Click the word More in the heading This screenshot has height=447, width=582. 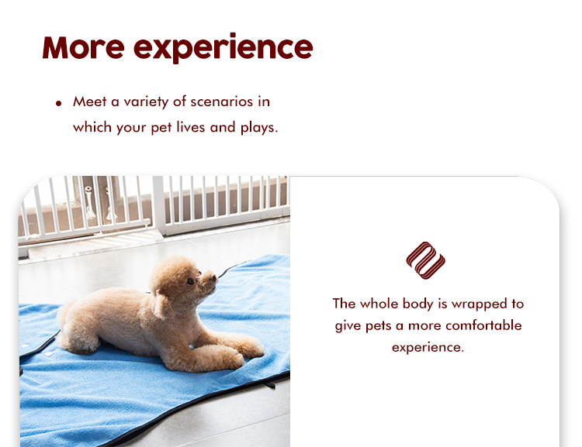click(x=84, y=47)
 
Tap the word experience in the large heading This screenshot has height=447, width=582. click(x=223, y=48)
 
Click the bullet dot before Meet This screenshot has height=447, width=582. click(x=59, y=103)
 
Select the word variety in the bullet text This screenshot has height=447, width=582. click(x=146, y=102)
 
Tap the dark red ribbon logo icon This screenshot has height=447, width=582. click(x=425, y=260)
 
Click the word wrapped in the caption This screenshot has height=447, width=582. click(x=479, y=304)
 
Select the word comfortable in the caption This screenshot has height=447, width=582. click(x=483, y=325)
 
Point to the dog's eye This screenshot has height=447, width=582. click(x=190, y=282)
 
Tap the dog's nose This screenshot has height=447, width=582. click(x=213, y=277)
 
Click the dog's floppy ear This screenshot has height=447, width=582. click(x=162, y=304)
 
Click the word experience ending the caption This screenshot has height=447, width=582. click(x=428, y=348)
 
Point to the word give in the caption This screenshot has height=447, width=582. click(x=348, y=326)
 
